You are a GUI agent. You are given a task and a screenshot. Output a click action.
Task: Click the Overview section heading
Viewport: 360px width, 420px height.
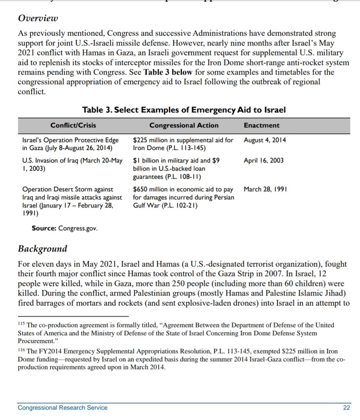coord(38,18)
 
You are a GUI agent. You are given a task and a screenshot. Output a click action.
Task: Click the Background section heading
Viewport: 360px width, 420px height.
coord(42,249)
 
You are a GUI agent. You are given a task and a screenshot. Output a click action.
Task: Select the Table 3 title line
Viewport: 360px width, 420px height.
coord(184,110)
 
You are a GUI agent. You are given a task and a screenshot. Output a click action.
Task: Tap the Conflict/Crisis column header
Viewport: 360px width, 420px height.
coord(71,125)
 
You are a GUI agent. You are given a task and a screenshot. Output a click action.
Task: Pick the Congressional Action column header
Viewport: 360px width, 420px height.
coord(184,125)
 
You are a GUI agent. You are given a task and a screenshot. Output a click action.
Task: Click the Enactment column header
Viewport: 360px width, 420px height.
coord(261,125)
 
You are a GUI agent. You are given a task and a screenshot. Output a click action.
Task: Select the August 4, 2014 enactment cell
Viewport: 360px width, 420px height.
coord(265,140)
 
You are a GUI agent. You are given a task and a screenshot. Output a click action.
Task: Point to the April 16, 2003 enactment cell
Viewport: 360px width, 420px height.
coord(263,161)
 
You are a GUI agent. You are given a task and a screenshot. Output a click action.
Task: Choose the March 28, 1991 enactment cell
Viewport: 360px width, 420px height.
coord(265,189)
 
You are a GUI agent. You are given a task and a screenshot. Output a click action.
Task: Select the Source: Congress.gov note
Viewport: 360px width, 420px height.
coord(65,228)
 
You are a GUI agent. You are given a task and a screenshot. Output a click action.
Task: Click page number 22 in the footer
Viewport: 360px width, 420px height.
coord(346,408)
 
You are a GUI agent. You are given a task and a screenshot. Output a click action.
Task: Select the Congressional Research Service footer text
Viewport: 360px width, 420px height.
coord(62,408)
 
